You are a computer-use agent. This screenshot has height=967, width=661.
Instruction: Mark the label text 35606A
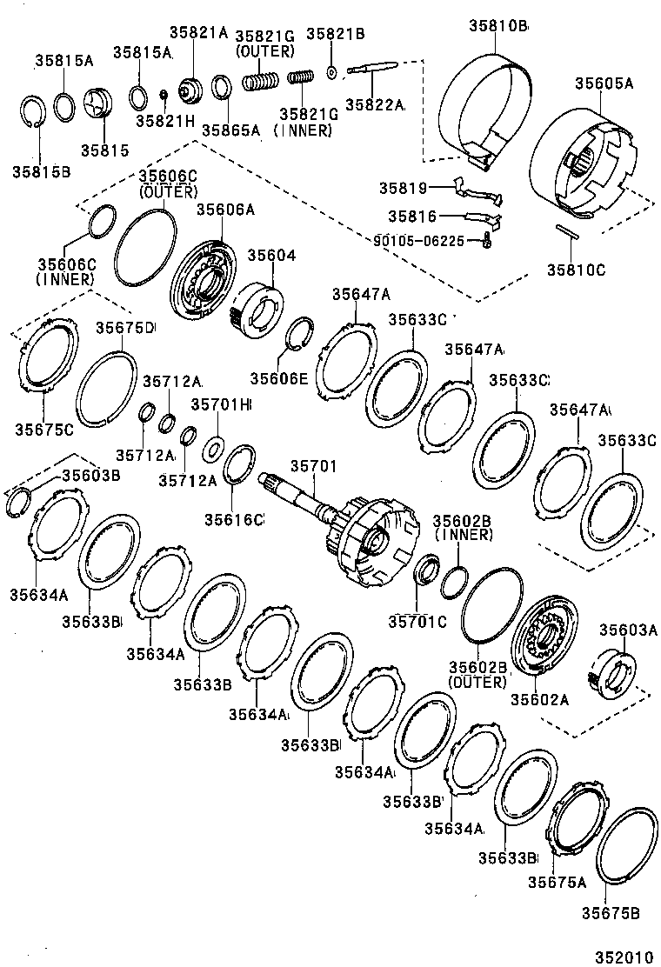pos(225,209)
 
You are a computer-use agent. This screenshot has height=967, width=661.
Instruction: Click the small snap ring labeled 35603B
pos(18,503)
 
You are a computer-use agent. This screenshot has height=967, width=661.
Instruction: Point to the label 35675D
pos(124,328)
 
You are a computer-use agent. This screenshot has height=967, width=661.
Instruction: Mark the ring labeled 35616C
pos(239,465)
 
